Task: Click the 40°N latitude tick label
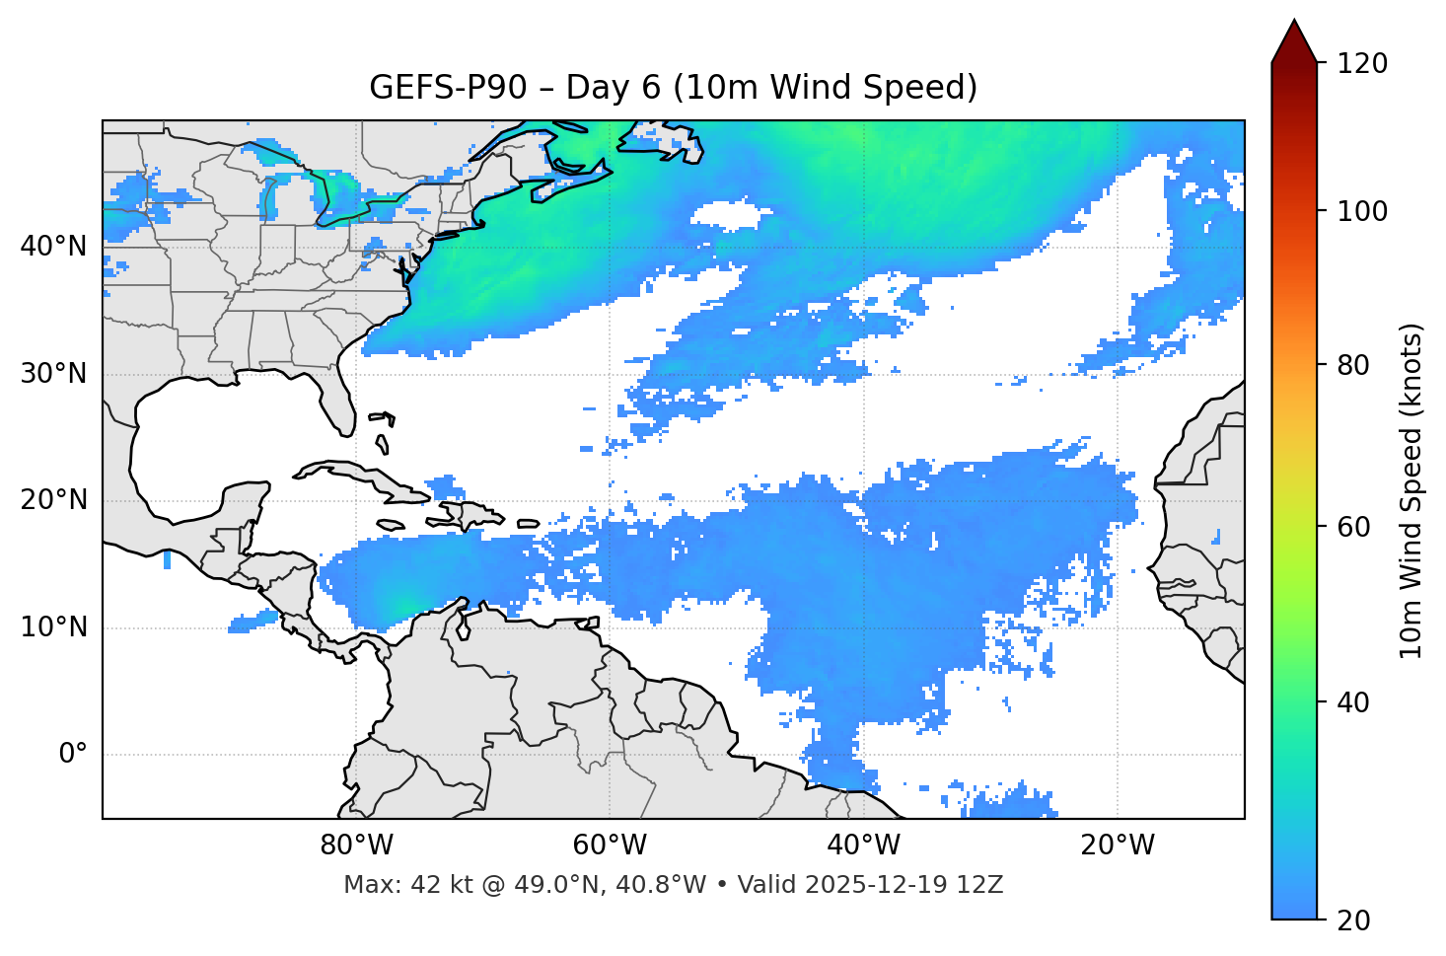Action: click(53, 247)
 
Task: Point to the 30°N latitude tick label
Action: click(53, 374)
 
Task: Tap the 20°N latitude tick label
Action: click(53, 500)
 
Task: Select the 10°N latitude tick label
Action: click(53, 627)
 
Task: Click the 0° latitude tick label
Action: click(73, 755)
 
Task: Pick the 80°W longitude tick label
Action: click(356, 846)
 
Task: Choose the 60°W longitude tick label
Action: click(610, 846)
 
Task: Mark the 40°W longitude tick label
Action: click(864, 846)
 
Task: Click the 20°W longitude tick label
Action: click(1118, 846)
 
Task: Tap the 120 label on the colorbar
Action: click(1363, 64)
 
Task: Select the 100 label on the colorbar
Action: click(1363, 211)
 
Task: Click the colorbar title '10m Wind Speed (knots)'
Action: click(1411, 490)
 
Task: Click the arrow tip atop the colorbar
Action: click(1294, 22)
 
